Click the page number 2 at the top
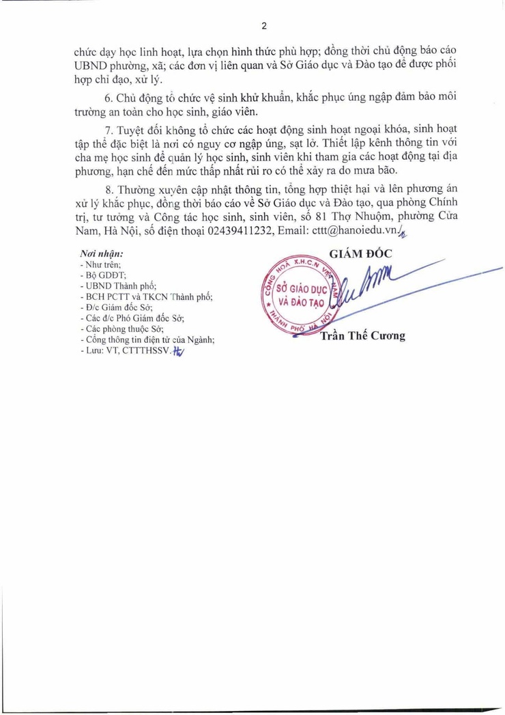(264, 26)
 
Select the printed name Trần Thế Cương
(362, 335)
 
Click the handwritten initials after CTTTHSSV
(179, 351)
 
